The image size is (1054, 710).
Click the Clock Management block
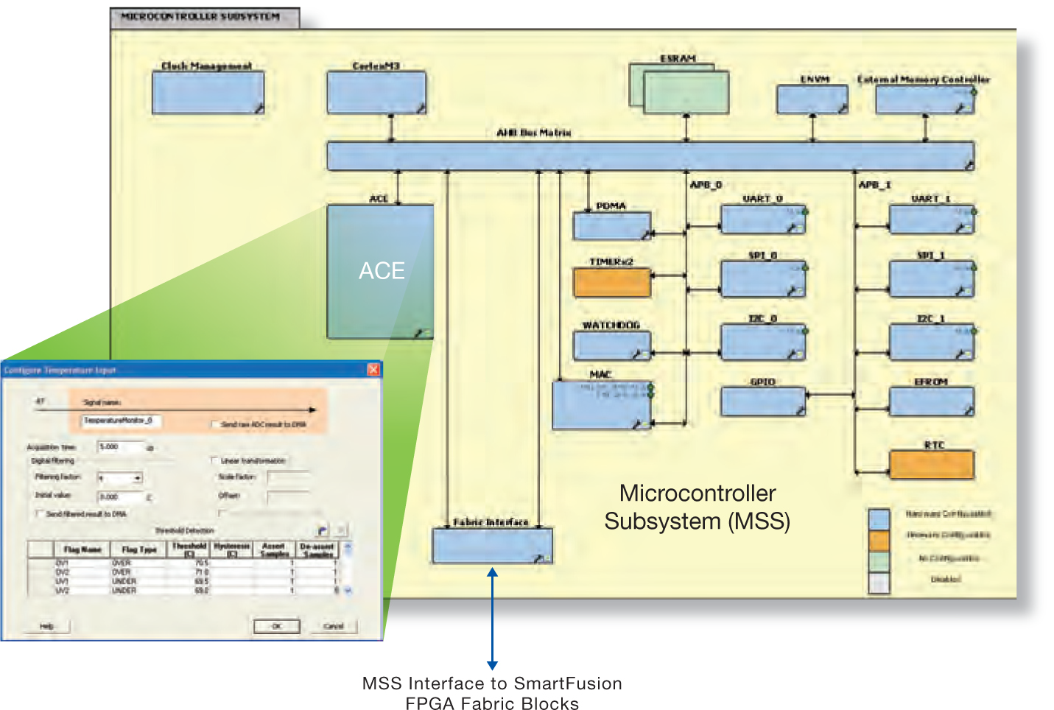pyautogui.click(x=208, y=93)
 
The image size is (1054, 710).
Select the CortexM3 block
pyautogui.click(x=376, y=93)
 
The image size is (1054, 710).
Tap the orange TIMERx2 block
pyautogui.click(x=612, y=282)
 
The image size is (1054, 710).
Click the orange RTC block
pyautogui.click(x=932, y=465)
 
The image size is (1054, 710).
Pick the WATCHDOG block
pyautogui.click(x=612, y=345)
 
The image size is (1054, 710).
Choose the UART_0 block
pyautogui.click(x=762, y=219)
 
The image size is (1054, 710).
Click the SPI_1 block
pyautogui.click(x=932, y=279)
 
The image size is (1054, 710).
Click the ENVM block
pyautogui.click(x=812, y=99)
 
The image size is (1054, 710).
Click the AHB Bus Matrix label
pyautogui.click(x=534, y=133)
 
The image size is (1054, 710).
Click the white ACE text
pyautogui.click(x=382, y=271)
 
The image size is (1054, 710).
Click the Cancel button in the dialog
pyautogui.click(x=334, y=626)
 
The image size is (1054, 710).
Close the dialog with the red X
pyautogui.click(x=373, y=370)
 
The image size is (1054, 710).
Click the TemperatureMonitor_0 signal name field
pyautogui.click(x=120, y=421)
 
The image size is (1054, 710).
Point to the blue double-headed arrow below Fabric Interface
pyautogui.click(x=492, y=619)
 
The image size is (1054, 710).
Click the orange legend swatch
pyautogui.click(x=879, y=541)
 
